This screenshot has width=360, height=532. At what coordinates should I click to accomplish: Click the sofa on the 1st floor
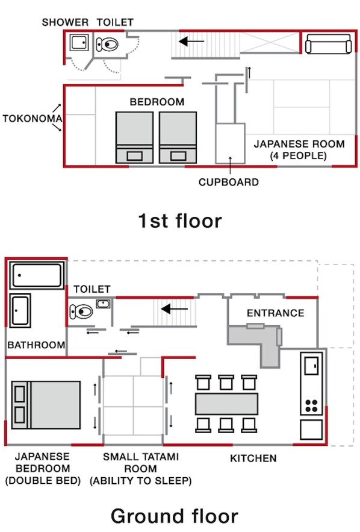(329, 45)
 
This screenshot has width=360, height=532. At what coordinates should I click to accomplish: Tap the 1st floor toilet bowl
(108, 44)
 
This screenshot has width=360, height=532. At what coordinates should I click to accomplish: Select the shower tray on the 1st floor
(79, 43)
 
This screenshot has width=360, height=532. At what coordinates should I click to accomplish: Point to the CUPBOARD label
(229, 182)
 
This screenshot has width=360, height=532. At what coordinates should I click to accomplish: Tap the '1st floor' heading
(179, 221)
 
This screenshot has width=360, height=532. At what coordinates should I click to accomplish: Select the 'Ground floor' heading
(174, 516)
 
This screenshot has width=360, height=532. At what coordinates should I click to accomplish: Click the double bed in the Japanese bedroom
(46, 404)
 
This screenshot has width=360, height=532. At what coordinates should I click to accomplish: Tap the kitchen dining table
(226, 403)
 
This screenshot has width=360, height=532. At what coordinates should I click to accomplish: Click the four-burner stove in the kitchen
(311, 405)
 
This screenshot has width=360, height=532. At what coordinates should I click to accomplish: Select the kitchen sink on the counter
(312, 365)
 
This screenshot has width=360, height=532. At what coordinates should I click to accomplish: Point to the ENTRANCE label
(275, 313)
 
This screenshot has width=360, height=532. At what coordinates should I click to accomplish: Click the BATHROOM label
(36, 345)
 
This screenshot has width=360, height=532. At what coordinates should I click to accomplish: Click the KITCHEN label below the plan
(253, 458)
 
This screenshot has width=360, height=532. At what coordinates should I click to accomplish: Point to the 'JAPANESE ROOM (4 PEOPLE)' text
(299, 149)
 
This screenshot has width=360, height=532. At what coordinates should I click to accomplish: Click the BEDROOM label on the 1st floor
(157, 102)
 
